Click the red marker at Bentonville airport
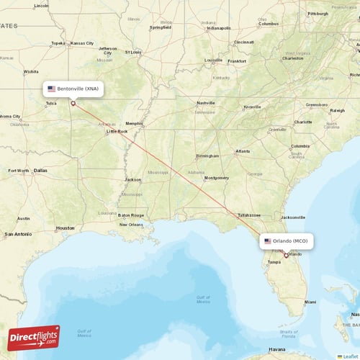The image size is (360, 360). [x=73, y=103]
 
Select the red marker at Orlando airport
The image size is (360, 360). [x=286, y=255]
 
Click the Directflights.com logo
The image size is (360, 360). [x=34, y=338]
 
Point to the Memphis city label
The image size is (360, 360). [x=134, y=123]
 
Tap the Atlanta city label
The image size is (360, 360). [x=243, y=151]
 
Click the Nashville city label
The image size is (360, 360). [x=206, y=103]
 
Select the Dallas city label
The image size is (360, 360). [x=40, y=171]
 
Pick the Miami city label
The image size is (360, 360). [x=310, y=302]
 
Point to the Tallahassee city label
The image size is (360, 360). [x=249, y=215]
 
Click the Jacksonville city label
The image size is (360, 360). [x=293, y=217]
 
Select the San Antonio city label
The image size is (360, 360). [x=18, y=234]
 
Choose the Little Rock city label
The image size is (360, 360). [x=117, y=132]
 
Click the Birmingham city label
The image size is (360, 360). [x=207, y=156]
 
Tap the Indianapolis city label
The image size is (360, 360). [x=218, y=28]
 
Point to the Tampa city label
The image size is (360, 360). [x=274, y=262]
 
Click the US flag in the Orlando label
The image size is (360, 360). [x=268, y=241]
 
